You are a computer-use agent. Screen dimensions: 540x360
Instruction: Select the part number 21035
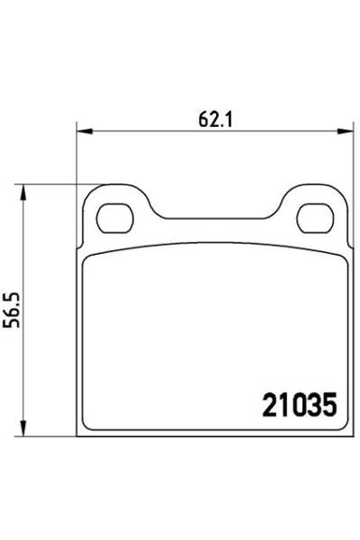coord(298,407)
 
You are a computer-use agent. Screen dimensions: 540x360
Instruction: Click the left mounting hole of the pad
coord(113,216)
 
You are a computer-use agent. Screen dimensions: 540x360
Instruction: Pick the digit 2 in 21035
coord(268,407)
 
